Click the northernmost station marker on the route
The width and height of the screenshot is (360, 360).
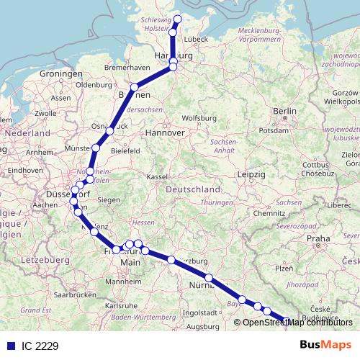(178, 19)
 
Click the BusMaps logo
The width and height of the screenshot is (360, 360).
(325, 346)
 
